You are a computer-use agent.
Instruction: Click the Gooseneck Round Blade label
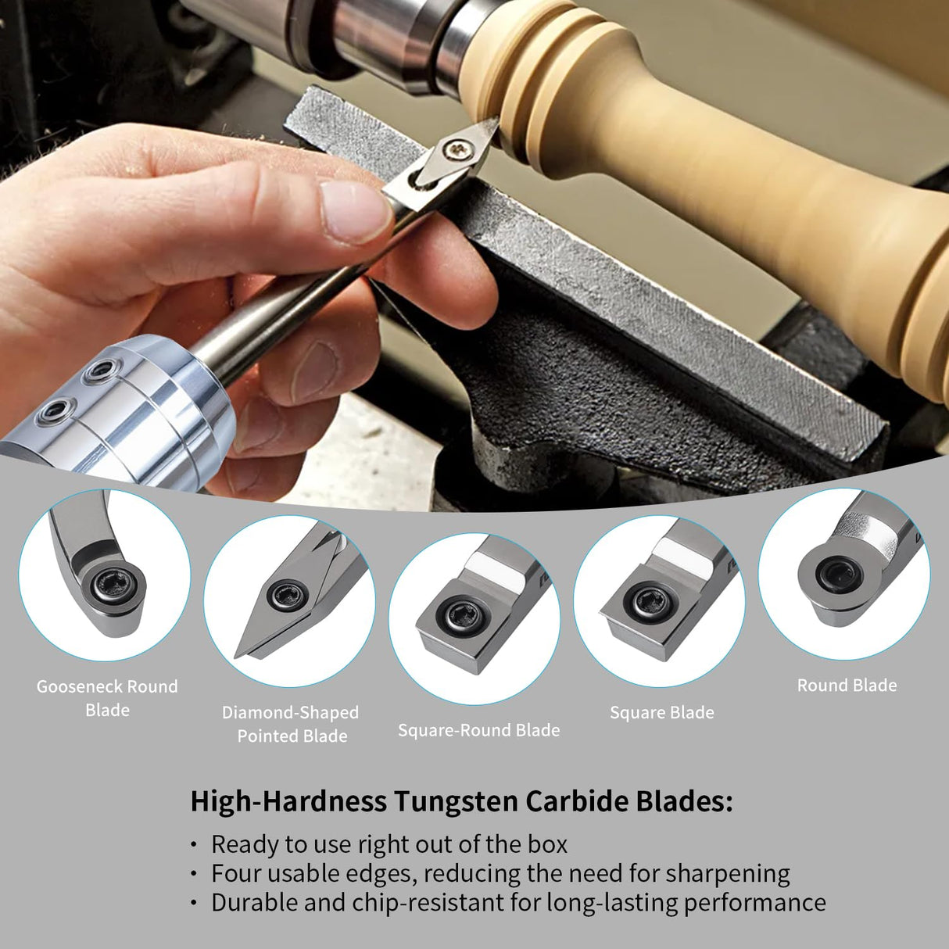107,698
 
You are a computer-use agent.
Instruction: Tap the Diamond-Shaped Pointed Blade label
291,724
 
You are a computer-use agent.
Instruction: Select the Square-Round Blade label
478,730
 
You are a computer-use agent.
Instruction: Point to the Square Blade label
661,712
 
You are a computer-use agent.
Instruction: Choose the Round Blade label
847,685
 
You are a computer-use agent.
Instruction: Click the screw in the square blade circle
648,603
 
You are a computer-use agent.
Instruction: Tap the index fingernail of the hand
355,209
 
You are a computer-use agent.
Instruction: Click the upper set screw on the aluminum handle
99,370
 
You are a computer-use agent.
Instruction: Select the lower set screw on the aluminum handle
53,409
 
